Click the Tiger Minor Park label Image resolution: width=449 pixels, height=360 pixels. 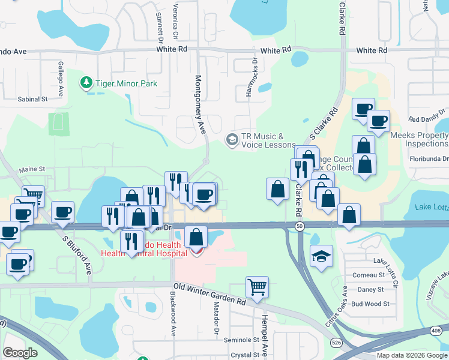click(x=126, y=83)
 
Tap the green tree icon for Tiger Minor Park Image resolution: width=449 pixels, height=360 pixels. click(x=87, y=82)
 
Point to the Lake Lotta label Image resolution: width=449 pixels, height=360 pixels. click(x=431, y=208)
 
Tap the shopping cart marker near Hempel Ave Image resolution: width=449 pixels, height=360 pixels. click(x=257, y=287)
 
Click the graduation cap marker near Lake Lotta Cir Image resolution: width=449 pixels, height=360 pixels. click(x=321, y=256)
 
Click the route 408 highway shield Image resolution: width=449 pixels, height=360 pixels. click(x=436, y=331)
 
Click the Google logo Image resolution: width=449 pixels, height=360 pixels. click(x=20, y=353)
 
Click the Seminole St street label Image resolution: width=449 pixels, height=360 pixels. click(x=241, y=340)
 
